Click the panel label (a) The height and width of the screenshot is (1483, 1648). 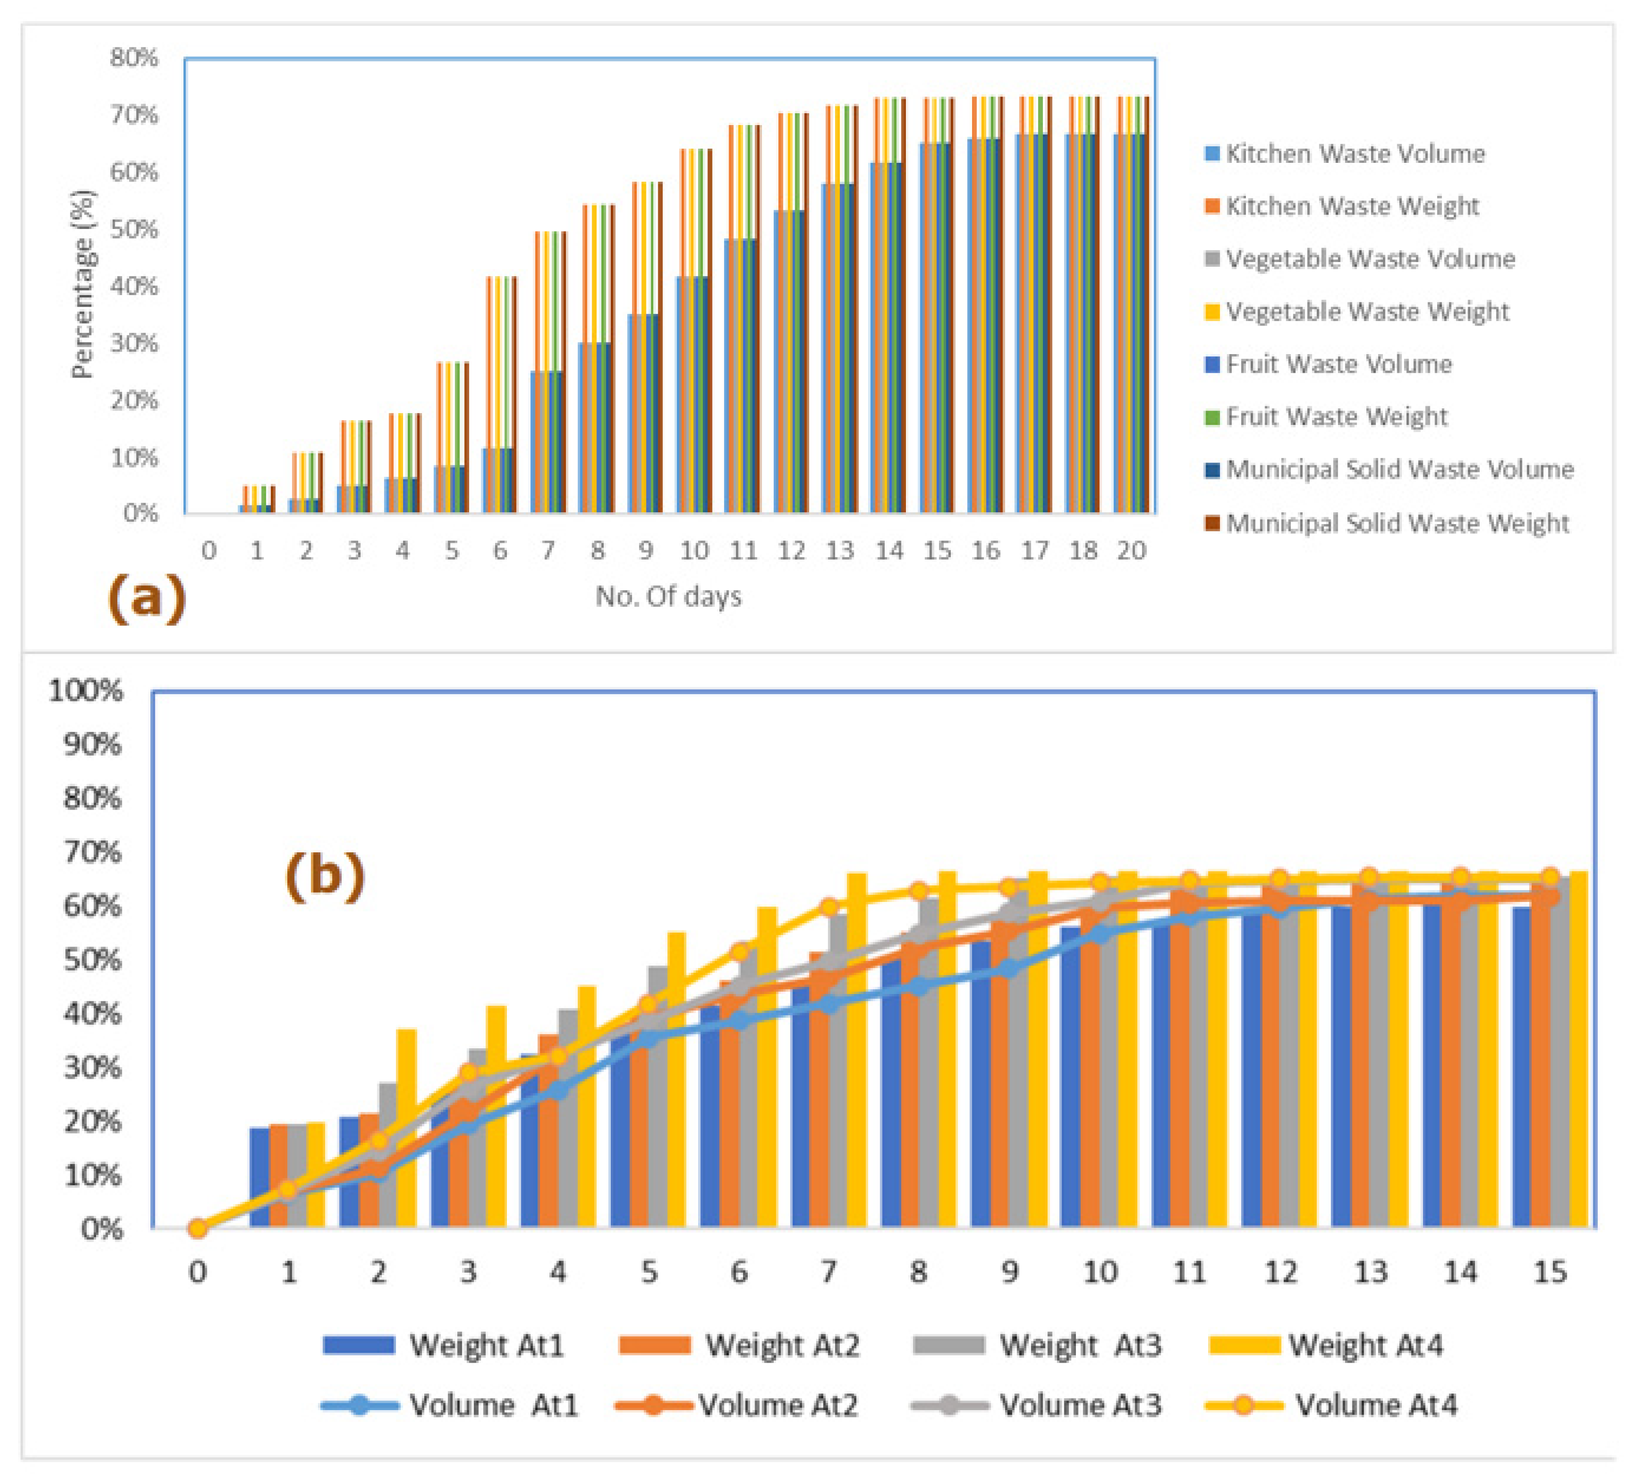[x=147, y=597]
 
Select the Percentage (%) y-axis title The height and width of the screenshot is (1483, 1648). [x=83, y=284]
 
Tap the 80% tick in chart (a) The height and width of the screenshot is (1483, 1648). [x=134, y=58]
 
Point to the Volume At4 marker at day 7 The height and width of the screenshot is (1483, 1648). [x=828, y=907]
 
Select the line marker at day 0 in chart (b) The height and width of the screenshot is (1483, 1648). [x=197, y=1228]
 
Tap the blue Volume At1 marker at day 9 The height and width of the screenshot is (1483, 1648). [x=1009, y=969]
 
